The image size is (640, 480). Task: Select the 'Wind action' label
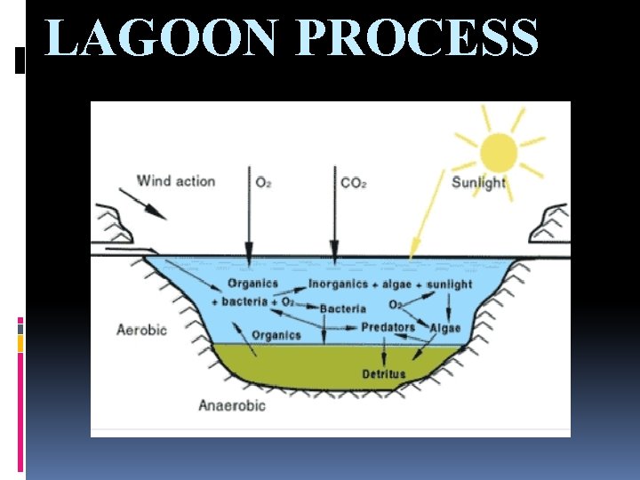point(175,181)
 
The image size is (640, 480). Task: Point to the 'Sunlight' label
point(478,183)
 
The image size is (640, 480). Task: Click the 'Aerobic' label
point(142,330)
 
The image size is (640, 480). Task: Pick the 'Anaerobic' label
point(231,405)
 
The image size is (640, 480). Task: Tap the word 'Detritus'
point(383,374)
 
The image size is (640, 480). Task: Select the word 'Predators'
point(388,327)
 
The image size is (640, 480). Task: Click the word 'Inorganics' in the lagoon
point(338,284)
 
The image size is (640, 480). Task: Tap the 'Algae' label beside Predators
point(444,328)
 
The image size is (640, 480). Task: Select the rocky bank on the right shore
point(549,223)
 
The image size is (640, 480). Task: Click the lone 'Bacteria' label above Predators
point(342,308)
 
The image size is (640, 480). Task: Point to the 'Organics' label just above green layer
point(276,335)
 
